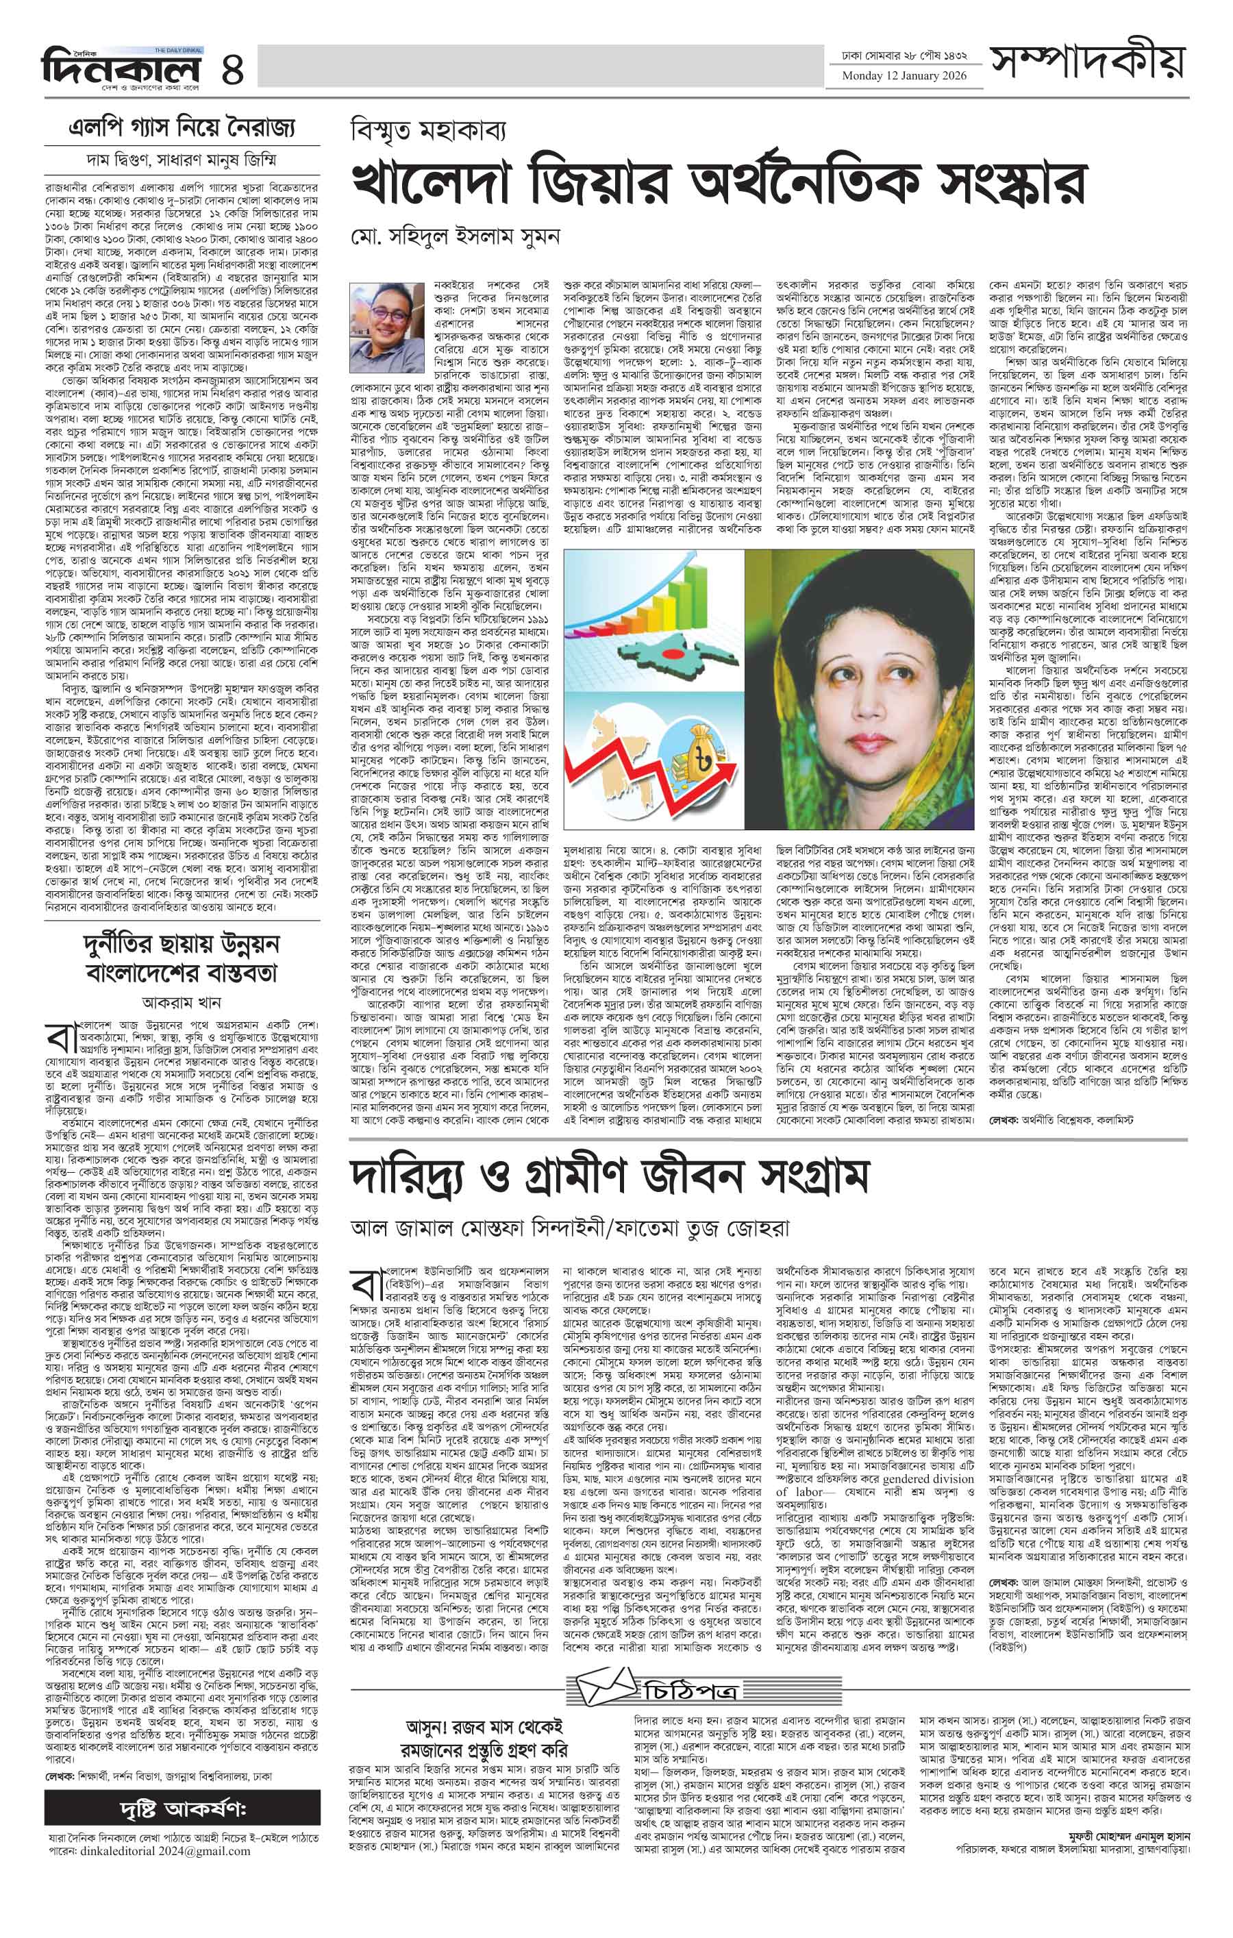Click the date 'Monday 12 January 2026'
pos(904,77)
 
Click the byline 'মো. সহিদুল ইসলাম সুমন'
pos(455,236)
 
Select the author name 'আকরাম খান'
pos(181,1002)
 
